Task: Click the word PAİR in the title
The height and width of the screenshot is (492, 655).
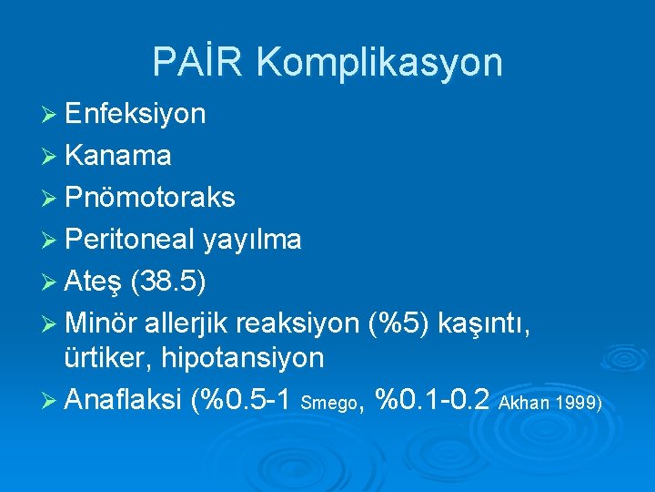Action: tap(199, 62)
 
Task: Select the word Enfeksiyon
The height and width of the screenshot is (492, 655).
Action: tap(136, 114)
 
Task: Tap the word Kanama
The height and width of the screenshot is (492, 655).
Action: tap(117, 156)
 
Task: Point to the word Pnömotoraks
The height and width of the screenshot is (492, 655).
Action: tap(150, 198)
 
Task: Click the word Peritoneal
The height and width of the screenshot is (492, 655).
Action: tap(130, 240)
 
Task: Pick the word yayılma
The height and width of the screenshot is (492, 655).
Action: tap(253, 240)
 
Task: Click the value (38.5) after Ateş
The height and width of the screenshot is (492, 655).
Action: tap(168, 281)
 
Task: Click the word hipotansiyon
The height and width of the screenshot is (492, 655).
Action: tap(243, 358)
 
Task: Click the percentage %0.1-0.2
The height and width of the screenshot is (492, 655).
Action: tap(433, 398)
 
